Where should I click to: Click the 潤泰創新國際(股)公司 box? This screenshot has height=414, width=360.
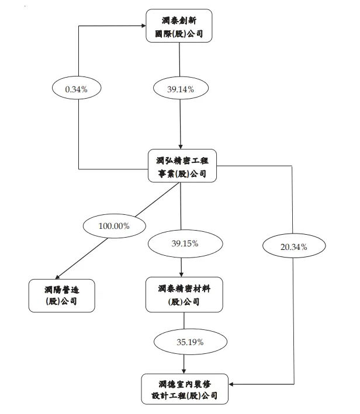point(179,26)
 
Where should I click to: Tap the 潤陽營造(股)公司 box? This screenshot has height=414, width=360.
point(61,295)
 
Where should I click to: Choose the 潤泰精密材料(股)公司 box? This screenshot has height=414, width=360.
point(184,295)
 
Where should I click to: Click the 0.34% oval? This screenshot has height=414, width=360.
point(76,89)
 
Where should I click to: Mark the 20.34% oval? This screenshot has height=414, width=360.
point(293,247)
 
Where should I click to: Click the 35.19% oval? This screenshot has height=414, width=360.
point(184,342)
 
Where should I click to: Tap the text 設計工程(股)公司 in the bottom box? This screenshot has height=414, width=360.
point(185,396)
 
